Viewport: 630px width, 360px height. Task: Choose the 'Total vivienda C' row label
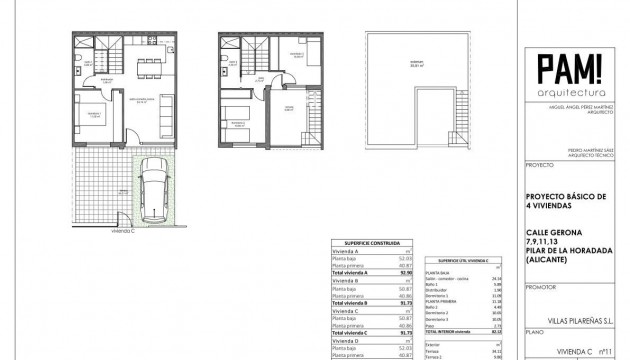352,331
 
